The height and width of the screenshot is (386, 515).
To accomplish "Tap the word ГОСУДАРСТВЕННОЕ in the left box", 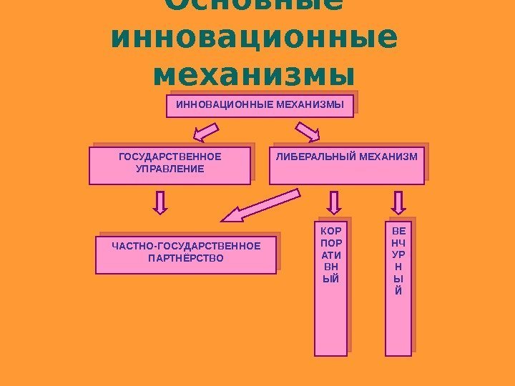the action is [x=170, y=157].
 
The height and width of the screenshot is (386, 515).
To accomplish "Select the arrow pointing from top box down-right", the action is [x=308, y=132].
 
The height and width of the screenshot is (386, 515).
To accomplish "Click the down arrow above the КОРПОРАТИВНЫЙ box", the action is [x=332, y=202].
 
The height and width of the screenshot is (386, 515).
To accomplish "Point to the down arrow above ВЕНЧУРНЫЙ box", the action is [x=398, y=202].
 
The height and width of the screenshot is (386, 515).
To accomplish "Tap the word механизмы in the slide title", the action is [x=254, y=73].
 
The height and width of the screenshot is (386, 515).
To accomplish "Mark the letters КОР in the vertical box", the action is [x=330, y=231].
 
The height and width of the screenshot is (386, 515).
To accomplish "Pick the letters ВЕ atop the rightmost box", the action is [x=398, y=231].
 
